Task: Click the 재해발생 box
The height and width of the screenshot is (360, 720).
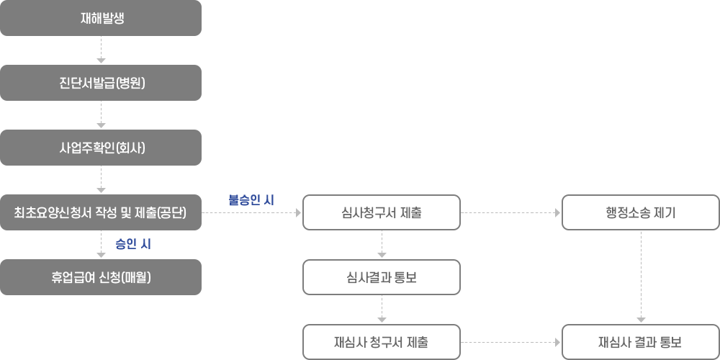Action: pyautogui.click(x=101, y=18)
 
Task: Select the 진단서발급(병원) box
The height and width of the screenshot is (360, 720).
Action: pyautogui.click(x=101, y=83)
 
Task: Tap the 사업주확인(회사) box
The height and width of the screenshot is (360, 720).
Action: pyautogui.click(x=101, y=148)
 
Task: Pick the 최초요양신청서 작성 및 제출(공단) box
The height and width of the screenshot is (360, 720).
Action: pyautogui.click(x=101, y=212)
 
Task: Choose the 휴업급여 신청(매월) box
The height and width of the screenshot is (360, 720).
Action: pyautogui.click(x=101, y=277)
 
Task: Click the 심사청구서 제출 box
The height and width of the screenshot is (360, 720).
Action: pyautogui.click(x=382, y=212)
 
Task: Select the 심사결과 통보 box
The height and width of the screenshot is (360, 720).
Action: pyautogui.click(x=382, y=277)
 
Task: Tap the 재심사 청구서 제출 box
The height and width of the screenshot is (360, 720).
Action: pyautogui.click(x=382, y=342)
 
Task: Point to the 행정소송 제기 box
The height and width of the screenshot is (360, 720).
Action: pyautogui.click(x=641, y=212)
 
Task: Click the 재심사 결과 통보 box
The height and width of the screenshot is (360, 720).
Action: pyautogui.click(x=641, y=342)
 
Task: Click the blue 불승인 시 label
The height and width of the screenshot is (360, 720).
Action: pyautogui.click(x=251, y=200)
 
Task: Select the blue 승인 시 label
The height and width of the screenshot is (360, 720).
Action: pyautogui.click(x=133, y=245)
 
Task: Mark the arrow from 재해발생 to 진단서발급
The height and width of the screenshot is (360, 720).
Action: pyautogui.click(x=101, y=50)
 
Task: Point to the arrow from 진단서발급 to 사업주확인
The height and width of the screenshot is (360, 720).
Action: pyautogui.click(x=101, y=114)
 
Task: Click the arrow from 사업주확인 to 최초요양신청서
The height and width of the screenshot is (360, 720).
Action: pyautogui.click(x=101, y=179)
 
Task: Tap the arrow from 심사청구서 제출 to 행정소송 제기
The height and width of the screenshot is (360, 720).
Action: pyautogui.click(x=510, y=212)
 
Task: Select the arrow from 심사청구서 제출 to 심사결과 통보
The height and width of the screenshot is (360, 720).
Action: pyautogui.click(x=382, y=244)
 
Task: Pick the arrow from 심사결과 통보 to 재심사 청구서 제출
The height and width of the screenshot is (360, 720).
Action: pyautogui.click(x=382, y=309)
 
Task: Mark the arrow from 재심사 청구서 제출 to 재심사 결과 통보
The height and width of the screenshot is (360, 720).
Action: pyautogui.click(x=510, y=342)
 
